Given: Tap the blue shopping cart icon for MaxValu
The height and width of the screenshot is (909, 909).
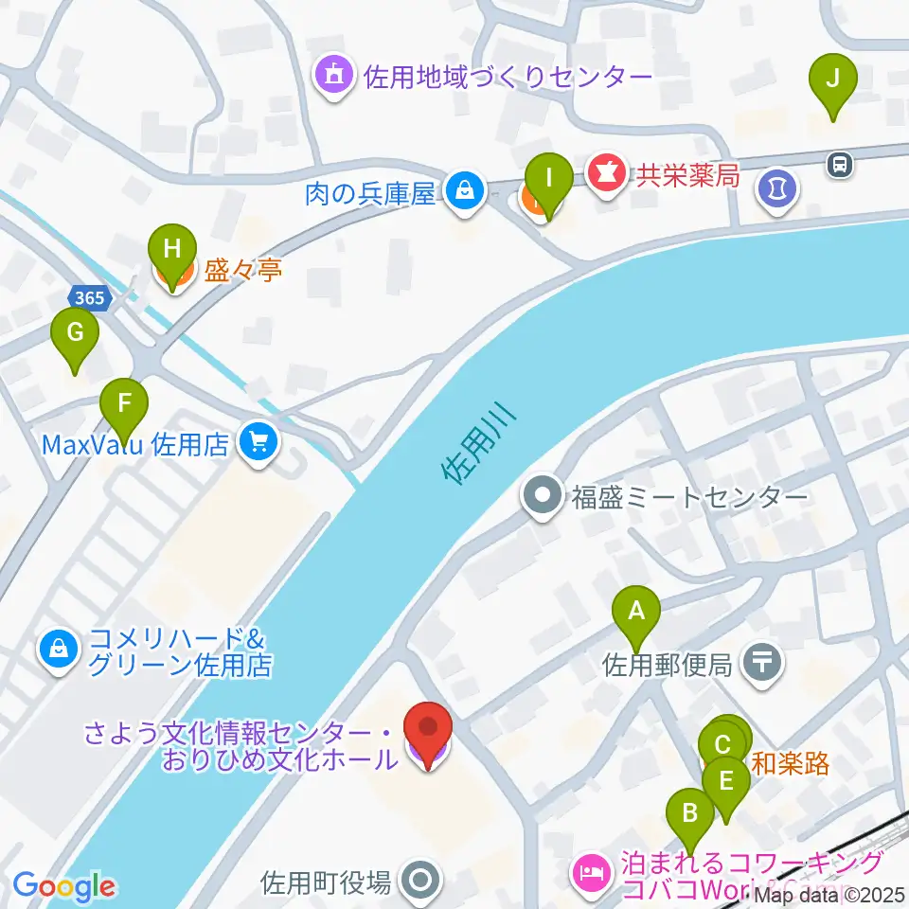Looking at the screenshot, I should coord(256,442).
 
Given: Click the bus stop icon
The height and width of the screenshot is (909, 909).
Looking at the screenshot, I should coord(839,165).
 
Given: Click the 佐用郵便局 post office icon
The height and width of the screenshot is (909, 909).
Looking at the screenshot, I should coord(764,663).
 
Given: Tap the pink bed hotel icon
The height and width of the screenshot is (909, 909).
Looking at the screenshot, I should coord(592,868).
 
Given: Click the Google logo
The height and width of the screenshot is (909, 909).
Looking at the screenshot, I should coord(64,887).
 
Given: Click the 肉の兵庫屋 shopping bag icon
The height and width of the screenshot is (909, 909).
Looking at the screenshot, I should coord(465,191).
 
